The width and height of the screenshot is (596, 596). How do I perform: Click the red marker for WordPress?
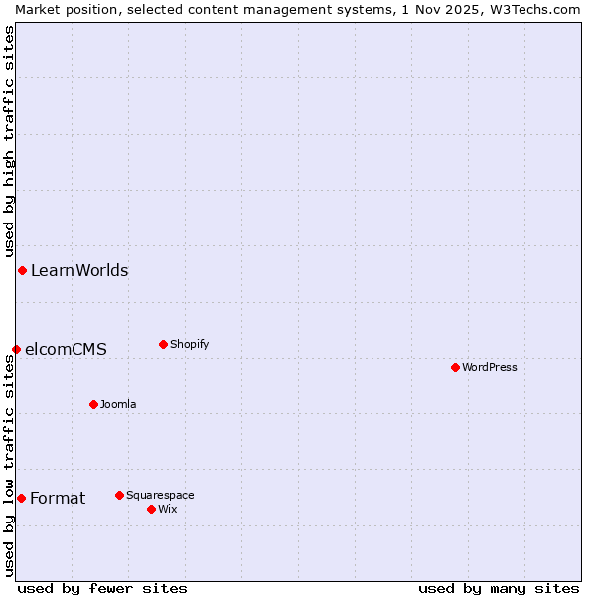(455, 367)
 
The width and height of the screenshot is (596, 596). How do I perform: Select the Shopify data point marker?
(163, 344)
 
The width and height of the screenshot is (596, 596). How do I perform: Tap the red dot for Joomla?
(93, 404)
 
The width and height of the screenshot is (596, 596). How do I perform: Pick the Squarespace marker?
(119, 495)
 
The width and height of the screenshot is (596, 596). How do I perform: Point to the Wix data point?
(151, 509)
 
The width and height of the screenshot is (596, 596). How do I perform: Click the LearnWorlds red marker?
(22, 270)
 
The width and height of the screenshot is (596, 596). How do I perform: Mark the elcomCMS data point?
(16, 349)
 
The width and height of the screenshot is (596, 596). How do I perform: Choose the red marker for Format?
(21, 498)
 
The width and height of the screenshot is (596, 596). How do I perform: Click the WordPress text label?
(490, 367)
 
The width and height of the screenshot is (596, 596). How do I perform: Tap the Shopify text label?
(190, 344)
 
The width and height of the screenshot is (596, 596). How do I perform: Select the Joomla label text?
(118, 404)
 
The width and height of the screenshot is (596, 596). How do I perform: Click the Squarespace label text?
(160, 495)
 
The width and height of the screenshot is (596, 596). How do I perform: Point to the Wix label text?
(168, 509)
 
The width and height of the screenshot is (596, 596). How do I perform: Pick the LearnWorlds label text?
(79, 270)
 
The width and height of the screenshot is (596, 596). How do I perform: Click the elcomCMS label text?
(66, 349)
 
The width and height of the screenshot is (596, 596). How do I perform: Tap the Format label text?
(58, 498)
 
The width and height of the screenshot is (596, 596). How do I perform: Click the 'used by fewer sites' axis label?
(102, 588)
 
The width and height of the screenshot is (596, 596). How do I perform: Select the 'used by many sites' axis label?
(499, 588)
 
